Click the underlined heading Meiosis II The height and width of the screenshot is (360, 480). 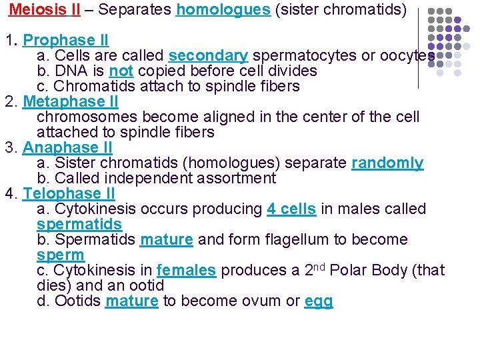point(45,11)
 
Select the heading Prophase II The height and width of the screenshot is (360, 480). point(66,40)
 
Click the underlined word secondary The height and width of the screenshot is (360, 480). point(208,55)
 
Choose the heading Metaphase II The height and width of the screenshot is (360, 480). point(71,101)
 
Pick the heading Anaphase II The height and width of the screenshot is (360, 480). point(67,147)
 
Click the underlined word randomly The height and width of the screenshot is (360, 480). point(387,163)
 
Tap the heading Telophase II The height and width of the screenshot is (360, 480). point(69,193)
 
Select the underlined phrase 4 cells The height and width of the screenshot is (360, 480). point(291,209)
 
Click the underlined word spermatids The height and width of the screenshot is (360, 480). point(79,224)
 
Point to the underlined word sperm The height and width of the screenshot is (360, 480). point(61,255)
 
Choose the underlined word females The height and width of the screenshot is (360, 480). point(186,270)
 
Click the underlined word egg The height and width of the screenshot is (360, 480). point(318,301)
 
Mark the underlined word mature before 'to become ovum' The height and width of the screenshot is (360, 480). point(131,301)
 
